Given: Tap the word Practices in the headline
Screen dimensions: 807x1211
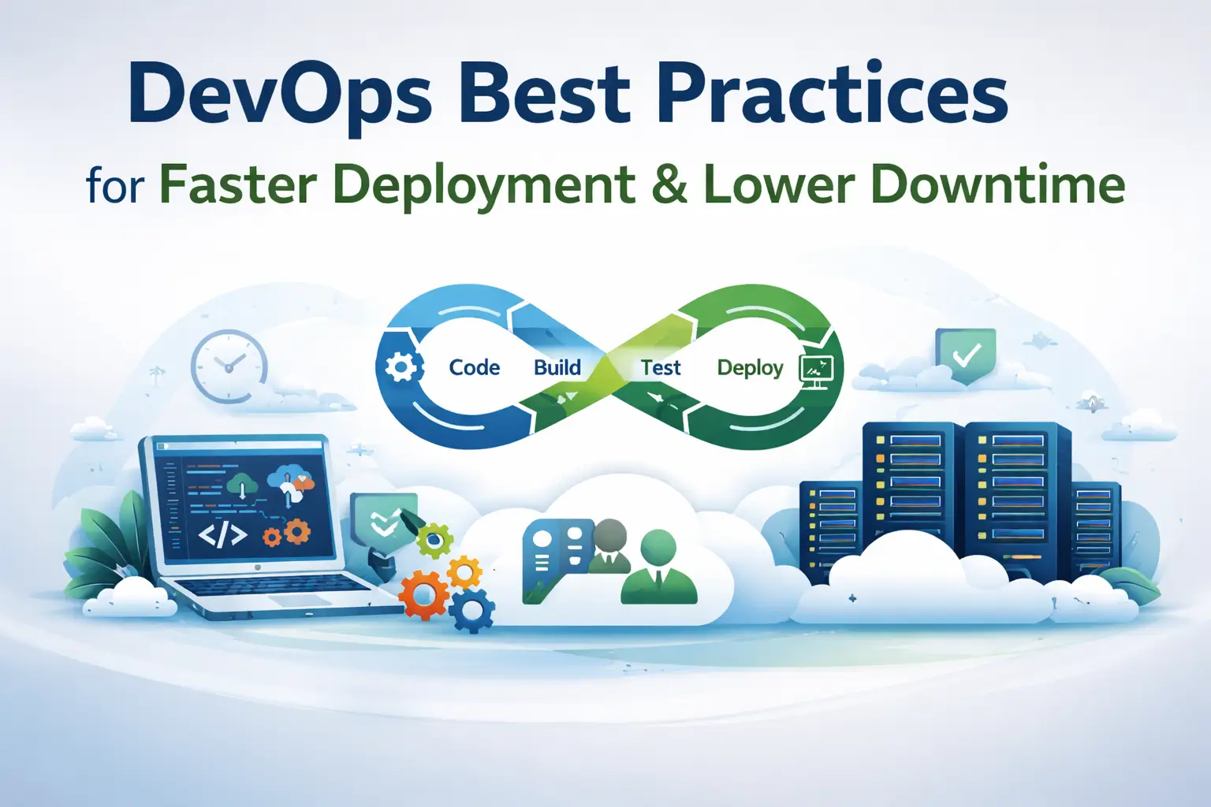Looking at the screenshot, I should click(x=832, y=95).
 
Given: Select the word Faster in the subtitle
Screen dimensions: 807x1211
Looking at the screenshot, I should click(x=238, y=185).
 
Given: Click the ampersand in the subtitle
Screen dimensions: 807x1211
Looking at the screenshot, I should click(x=669, y=185).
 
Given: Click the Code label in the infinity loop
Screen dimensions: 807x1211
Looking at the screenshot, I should click(x=475, y=368).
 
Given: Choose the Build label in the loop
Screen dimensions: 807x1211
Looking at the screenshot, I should click(x=557, y=368).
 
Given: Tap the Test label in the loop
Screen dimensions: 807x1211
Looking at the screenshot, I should click(x=661, y=368).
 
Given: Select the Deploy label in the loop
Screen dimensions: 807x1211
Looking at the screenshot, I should click(x=750, y=368).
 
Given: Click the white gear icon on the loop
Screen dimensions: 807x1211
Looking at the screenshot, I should click(x=401, y=367).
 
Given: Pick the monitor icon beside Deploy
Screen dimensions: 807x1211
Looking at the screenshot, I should click(x=816, y=370).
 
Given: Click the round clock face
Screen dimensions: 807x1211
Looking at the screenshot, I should click(x=229, y=366).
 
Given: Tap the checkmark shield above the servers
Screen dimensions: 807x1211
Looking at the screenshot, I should click(x=965, y=355).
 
